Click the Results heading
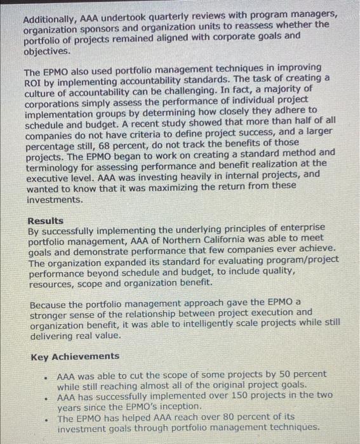point(46,220)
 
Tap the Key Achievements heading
point(75,356)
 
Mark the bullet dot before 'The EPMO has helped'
point(46,420)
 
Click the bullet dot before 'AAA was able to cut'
point(46,377)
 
